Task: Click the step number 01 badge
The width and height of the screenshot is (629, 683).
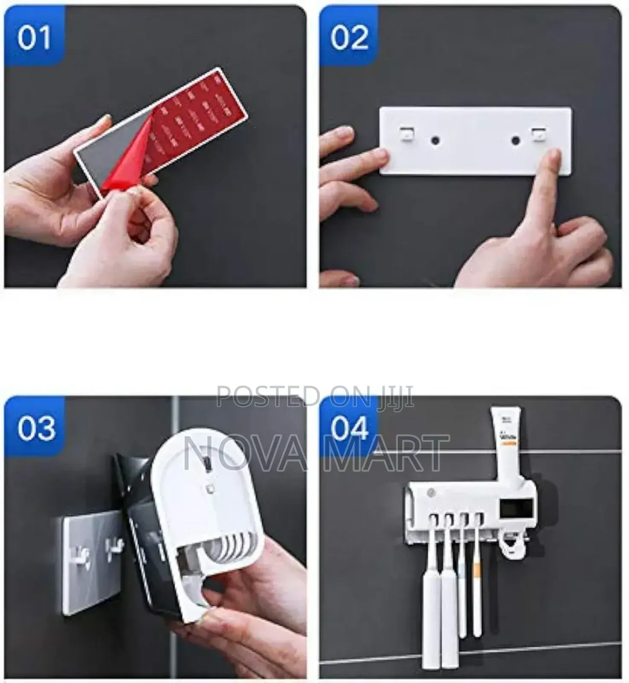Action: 34,37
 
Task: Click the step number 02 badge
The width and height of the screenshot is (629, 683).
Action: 349,37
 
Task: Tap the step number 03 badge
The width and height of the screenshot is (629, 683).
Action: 36,428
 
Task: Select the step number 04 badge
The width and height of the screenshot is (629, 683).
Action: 349,428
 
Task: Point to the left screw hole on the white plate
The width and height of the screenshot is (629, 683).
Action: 435,139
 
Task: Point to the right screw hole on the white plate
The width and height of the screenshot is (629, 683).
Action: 516,139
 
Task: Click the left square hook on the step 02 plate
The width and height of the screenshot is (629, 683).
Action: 406,134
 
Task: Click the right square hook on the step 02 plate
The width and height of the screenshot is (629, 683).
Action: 539,134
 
